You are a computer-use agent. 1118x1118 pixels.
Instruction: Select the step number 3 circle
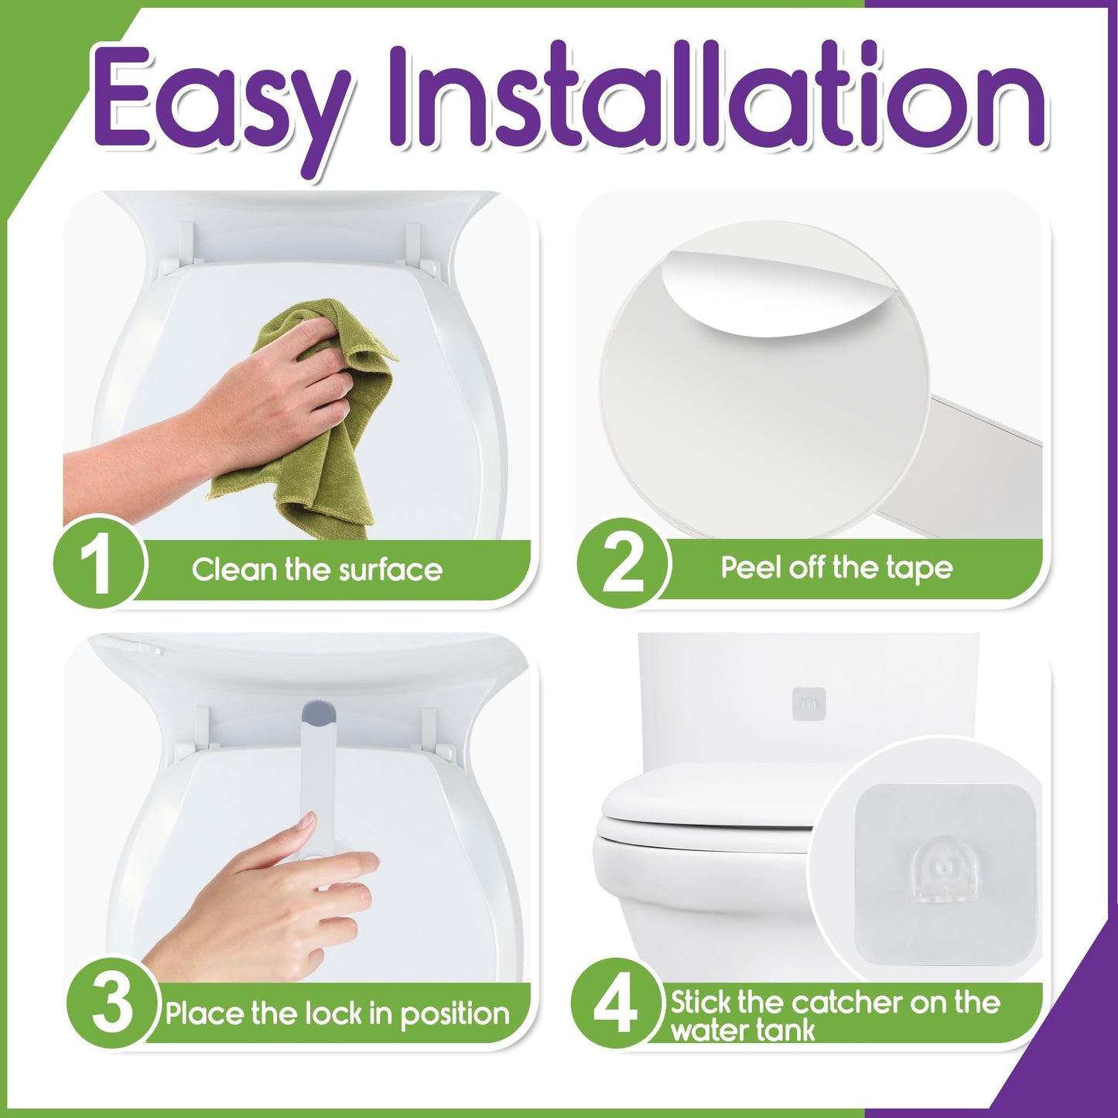(113, 1003)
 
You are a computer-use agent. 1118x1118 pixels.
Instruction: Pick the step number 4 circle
(616, 1003)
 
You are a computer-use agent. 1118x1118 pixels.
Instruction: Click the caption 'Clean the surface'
(316, 570)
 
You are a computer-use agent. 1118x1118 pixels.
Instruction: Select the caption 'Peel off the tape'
(836, 568)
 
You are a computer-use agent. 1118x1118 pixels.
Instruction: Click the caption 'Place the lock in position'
(337, 1014)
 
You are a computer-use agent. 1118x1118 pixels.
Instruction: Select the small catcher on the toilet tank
(809, 703)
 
